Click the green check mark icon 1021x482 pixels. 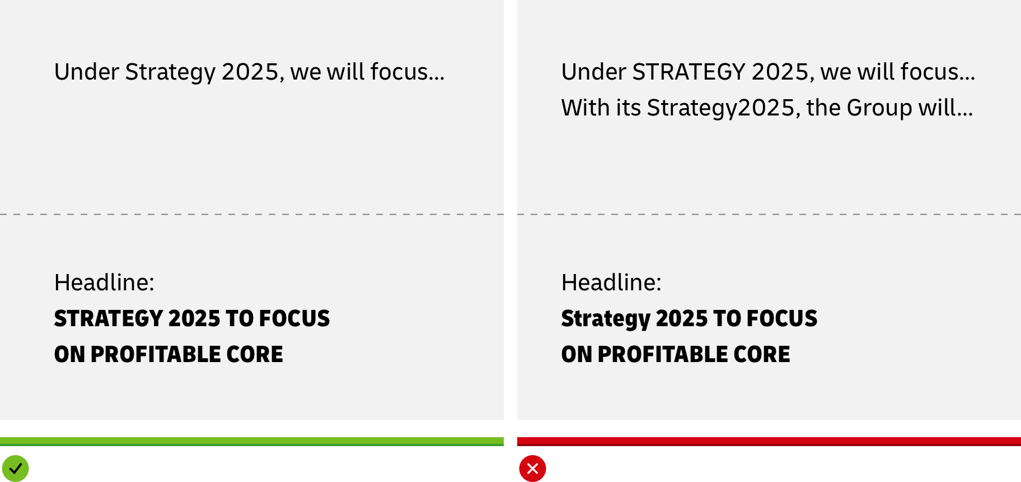tap(15, 469)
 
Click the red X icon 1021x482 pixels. tap(532, 469)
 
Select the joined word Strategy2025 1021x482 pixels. tap(722, 108)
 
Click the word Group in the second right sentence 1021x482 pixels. tap(879, 108)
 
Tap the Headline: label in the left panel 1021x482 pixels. tap(104, 282)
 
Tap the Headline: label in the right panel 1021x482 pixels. tap(611, 282)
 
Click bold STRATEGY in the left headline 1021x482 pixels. tap(109, 318)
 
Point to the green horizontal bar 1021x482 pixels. tap(252, 442)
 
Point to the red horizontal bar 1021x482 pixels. tap(769, 442)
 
